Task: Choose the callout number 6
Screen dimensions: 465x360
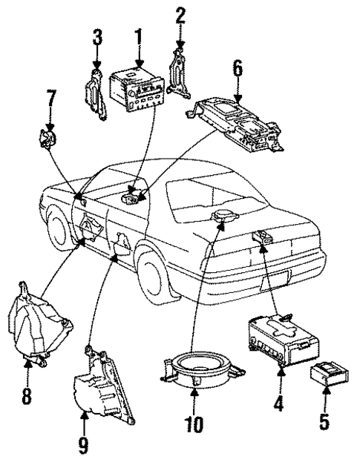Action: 237,70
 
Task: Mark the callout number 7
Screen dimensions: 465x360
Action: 50,97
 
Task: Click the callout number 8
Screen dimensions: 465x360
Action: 27,398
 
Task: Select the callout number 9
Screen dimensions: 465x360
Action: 84,446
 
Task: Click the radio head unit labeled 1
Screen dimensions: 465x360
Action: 137,89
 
